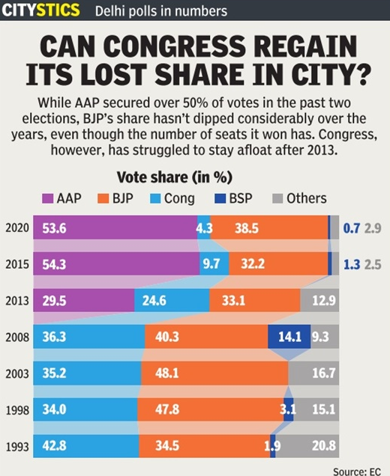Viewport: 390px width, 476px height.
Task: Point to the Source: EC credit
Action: pyautogui.click(x=358, y=469)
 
